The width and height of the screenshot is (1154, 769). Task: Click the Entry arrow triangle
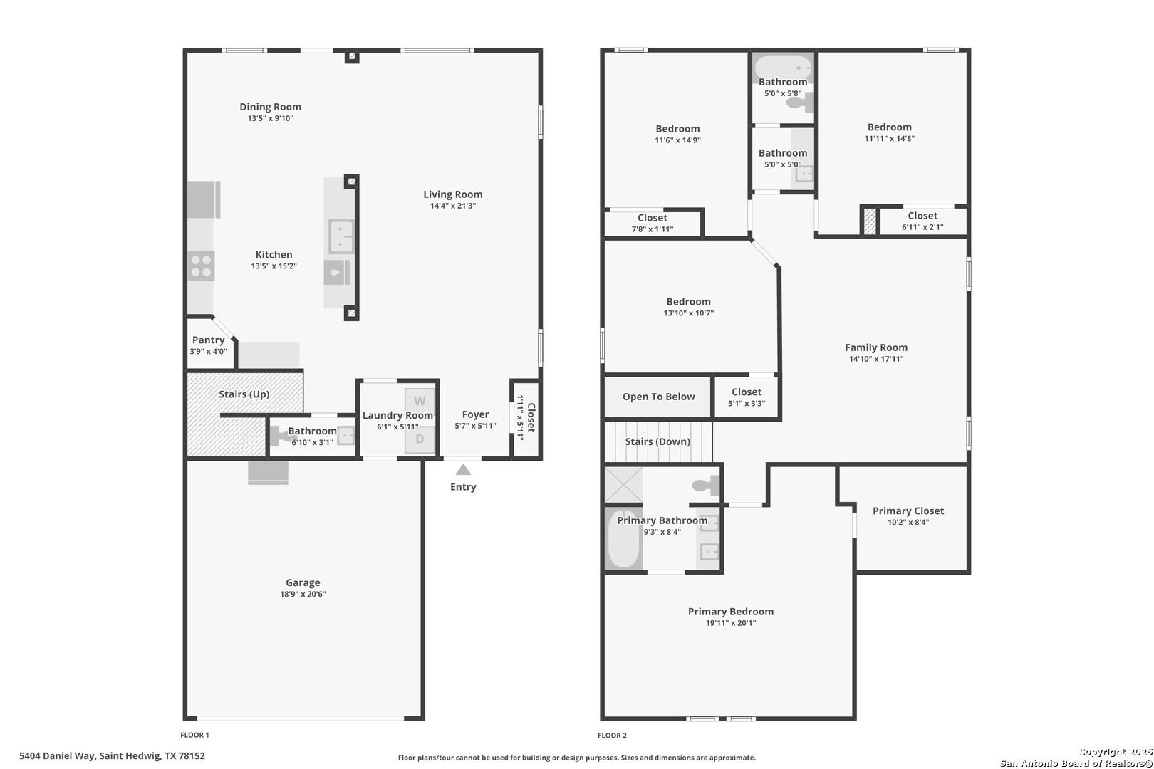point(463,470)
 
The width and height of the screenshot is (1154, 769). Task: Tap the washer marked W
point(420,402)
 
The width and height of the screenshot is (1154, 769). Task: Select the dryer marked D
point(420,439)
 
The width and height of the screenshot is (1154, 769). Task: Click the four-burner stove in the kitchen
point(201,266)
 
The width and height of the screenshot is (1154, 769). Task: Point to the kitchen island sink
point(341,236)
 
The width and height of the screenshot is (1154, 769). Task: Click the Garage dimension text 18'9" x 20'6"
point(303,594)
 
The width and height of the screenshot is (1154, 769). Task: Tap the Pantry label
point(208,340)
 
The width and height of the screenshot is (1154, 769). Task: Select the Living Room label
point(453,194)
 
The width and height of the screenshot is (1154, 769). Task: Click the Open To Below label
point(658,397)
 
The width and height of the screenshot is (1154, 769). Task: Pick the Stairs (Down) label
point(657,441)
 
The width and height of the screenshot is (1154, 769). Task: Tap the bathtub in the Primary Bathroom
point(623,539)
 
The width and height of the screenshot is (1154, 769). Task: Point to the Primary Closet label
point(908,511)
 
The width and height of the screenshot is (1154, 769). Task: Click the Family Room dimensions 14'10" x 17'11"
point(876,359)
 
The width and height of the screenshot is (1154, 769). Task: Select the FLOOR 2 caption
point(612,735)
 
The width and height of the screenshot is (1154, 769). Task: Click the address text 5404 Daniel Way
point(57,755)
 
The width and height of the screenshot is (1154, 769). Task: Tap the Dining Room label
point(271,107)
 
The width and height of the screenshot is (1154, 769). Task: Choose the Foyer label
point(475,414)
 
